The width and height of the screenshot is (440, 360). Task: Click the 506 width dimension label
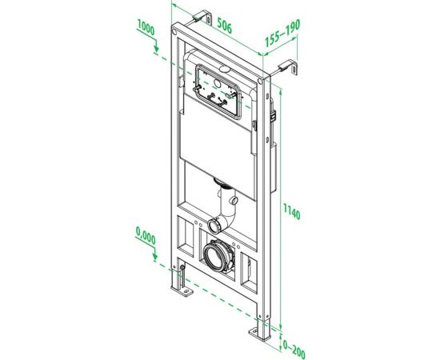(225, 28)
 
